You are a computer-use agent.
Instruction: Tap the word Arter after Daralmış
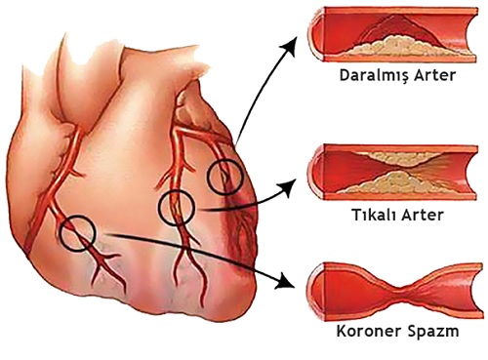(435, 75)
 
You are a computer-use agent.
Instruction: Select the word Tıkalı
(373, 215)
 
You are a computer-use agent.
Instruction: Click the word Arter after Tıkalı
(423, 215)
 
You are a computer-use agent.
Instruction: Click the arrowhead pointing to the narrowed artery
(290, 47)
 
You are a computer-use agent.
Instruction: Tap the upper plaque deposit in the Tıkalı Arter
(396, 158)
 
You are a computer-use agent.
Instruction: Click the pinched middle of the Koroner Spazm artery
(403, 289)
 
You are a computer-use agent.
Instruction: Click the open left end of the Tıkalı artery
(316, 172)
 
